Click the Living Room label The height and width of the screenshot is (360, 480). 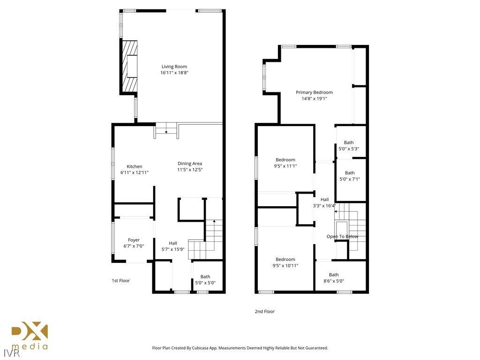click(174, 67)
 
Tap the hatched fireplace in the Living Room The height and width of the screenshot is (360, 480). click(130, 66)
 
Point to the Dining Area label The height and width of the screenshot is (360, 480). click(190, 164)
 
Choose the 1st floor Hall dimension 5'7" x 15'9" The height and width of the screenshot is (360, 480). click(173, 249)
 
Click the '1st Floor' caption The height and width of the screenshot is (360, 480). click(120, 280)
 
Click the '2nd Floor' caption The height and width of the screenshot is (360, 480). click(265, 311)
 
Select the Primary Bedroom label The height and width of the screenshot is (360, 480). click(314, 92)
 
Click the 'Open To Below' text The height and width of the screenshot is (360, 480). click(342, 236)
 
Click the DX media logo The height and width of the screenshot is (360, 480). click(30, 336)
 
